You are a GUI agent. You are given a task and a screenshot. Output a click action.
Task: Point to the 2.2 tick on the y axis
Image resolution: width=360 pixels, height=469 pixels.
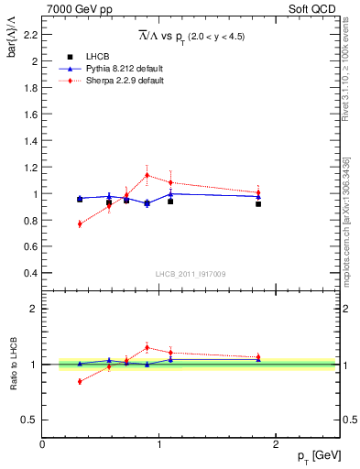tap(29, 36)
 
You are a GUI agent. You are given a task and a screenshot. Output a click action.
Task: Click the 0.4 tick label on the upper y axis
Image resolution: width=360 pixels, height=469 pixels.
tap(29, 274)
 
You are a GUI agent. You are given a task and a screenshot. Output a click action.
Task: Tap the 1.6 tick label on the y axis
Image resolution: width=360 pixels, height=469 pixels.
tap(29, 115)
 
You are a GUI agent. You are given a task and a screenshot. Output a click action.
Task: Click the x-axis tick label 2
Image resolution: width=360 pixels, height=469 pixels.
tap(278, 444)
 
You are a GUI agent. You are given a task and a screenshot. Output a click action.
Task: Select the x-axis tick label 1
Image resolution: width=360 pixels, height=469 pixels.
tap(160, 444)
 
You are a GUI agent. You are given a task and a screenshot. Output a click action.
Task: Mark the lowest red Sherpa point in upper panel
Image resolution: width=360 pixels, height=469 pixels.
tap(80, 224)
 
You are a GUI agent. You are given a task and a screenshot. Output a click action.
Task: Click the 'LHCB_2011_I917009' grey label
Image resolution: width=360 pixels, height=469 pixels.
tap(191, 274)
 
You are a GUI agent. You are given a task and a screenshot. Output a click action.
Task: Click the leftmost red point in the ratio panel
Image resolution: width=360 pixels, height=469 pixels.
tap(80, 381)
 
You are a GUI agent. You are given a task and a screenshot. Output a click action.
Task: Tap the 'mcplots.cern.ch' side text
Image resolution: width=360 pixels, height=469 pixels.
tap(350, 229)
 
